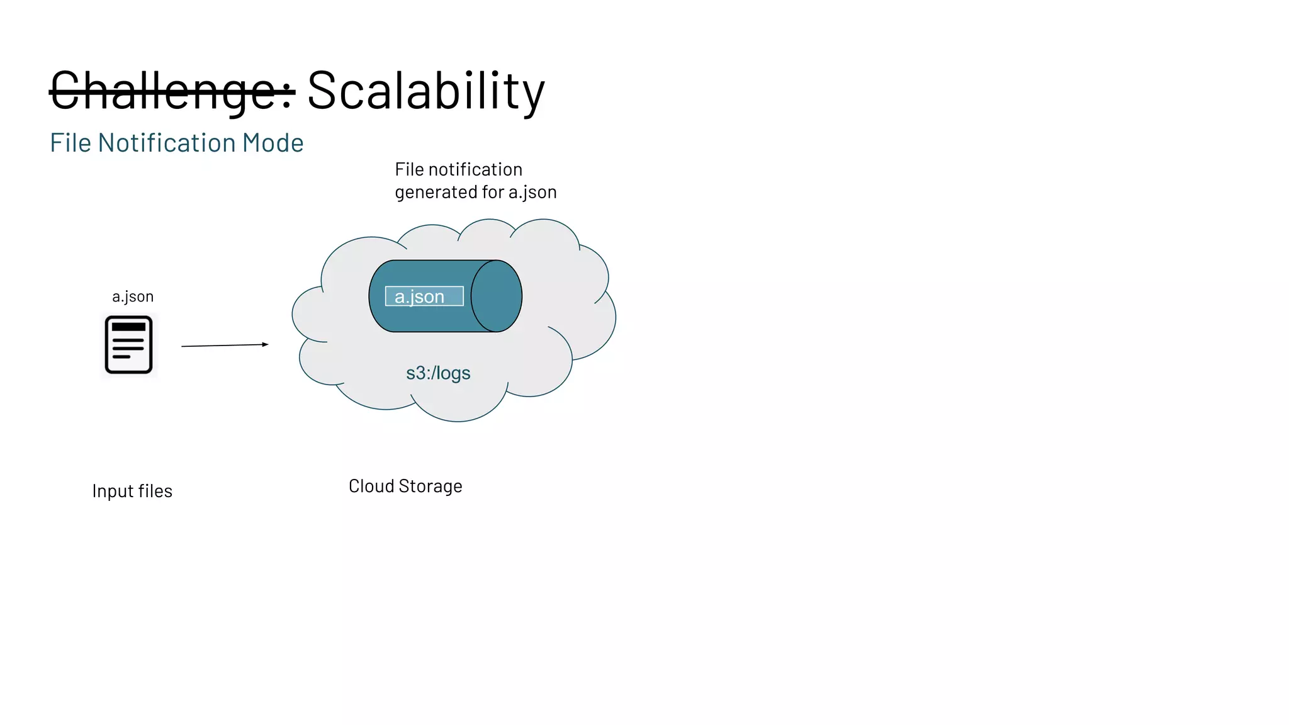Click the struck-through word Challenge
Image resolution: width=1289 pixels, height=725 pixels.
pyautogui.click(x=171, y=91)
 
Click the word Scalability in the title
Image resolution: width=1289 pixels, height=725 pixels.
pyautogui.click(x=425, y=91)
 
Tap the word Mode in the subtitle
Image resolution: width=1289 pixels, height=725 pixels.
pyautogui.click(x=273, y=143)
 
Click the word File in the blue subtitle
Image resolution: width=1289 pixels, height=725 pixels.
pyautogui.click(x=70, y=143)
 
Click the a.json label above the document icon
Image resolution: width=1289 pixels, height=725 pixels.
pyautogui.click(x=133, y=296)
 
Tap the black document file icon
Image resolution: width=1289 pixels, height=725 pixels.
pyautogui.click(x=129, y=345)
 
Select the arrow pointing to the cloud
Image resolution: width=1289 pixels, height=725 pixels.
pyautogui.click(x=224, y=346)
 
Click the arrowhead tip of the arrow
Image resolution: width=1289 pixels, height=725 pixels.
pyautogui.click(x=267, y=344)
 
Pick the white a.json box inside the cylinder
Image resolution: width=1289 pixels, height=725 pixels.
pyautogui.click(x=424, y=296)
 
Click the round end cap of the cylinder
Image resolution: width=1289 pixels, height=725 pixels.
pyautogui.click(x=497, y=296)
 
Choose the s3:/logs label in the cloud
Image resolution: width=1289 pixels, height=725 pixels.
pyautogui.click(x=438, y=373)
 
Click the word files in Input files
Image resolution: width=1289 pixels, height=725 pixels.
pyautogui.click(x=155, y=491)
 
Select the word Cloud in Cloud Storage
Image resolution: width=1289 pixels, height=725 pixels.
pyautogui.click(x=371, y=486)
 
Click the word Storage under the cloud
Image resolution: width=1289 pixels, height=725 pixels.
pyautogui.click(x=431, y=486)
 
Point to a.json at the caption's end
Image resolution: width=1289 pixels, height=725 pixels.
pyautogui.click(x=532, y=192)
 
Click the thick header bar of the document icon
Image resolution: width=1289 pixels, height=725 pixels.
pyautogui.click(x=129, y=327)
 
